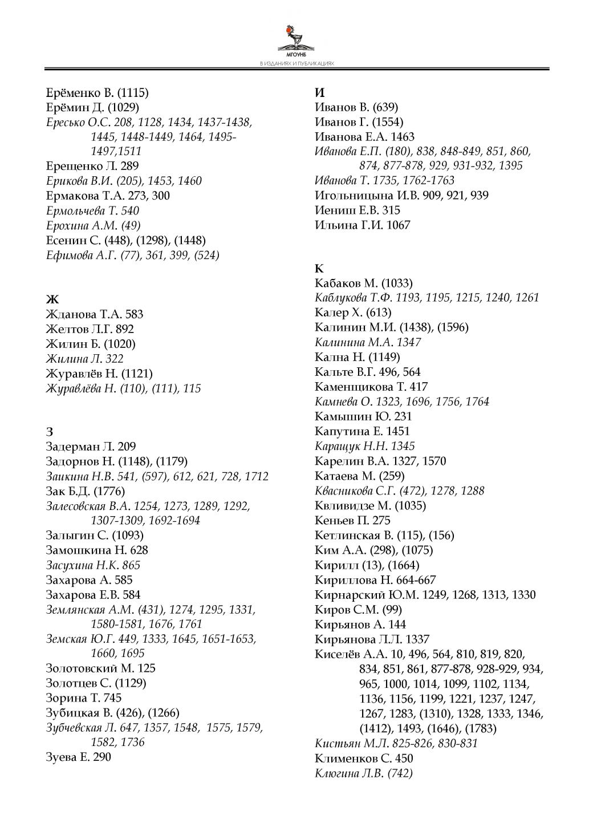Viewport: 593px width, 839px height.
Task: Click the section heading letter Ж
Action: click(52, 299)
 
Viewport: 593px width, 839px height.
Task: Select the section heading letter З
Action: click(49, 432)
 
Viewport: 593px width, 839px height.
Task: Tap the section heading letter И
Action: click(320, 92)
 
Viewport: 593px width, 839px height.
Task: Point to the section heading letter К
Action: click(319, 268)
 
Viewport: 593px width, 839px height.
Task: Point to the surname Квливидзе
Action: click(344, 505)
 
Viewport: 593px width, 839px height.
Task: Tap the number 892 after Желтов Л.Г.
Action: click(125, 329)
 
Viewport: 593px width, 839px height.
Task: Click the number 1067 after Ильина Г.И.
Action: click(398, 225)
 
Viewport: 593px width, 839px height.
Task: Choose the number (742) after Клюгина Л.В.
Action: click(400, 773)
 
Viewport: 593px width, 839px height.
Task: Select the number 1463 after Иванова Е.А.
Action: click(403, 137)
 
